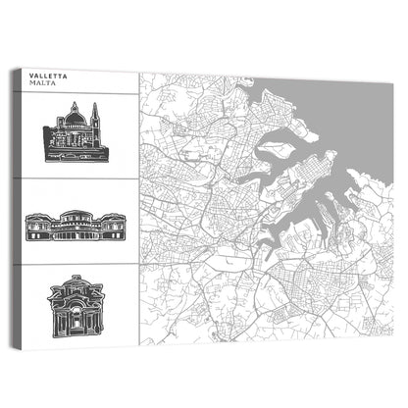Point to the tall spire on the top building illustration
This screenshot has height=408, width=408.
click(95, 114)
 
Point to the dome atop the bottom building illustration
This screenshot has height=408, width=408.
click(73, 282)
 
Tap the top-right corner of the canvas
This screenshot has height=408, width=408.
click(392, 71)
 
